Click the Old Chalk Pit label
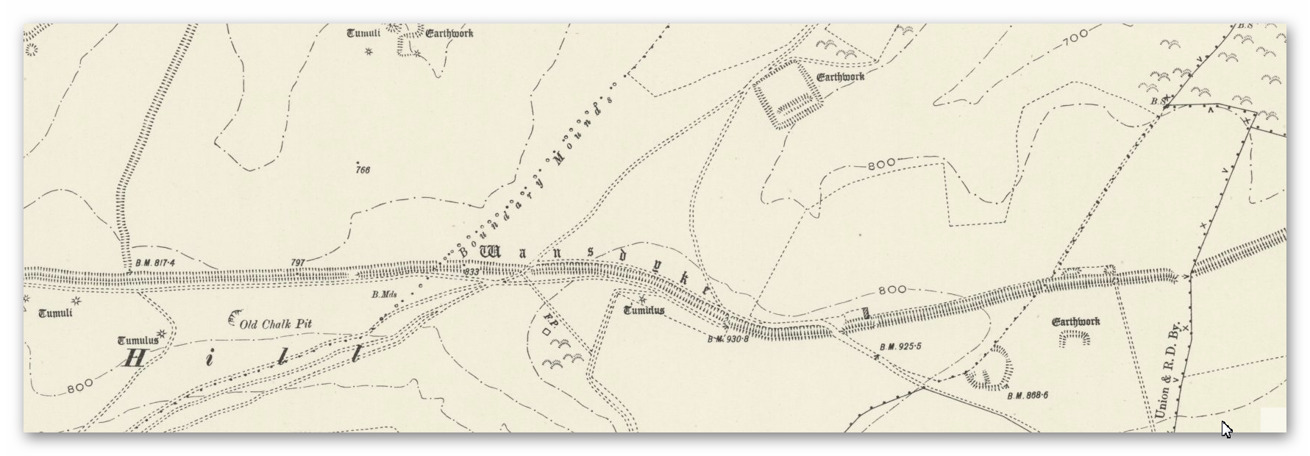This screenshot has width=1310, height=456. coord(275,324)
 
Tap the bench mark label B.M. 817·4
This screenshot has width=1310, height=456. coord(155,263)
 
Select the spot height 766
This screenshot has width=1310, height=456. coord(362,170)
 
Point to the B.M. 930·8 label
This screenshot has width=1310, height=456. coord(727,339)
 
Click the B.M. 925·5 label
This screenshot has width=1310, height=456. coord(901,346)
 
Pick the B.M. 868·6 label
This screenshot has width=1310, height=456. coord(1028,396)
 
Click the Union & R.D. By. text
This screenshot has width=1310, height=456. coord(1167,371)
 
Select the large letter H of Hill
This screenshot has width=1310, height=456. coord(135,358)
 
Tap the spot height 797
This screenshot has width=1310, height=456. coord(298,262)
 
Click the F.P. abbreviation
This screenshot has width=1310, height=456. coord(548,321)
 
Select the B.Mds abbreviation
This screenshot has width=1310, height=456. coord(384,295)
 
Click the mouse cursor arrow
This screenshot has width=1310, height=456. coord(1225,428)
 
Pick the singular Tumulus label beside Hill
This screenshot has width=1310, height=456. coord(138,341)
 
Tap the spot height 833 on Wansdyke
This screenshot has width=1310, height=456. coord(472,272)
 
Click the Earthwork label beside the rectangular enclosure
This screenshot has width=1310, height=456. coord(840,76)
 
